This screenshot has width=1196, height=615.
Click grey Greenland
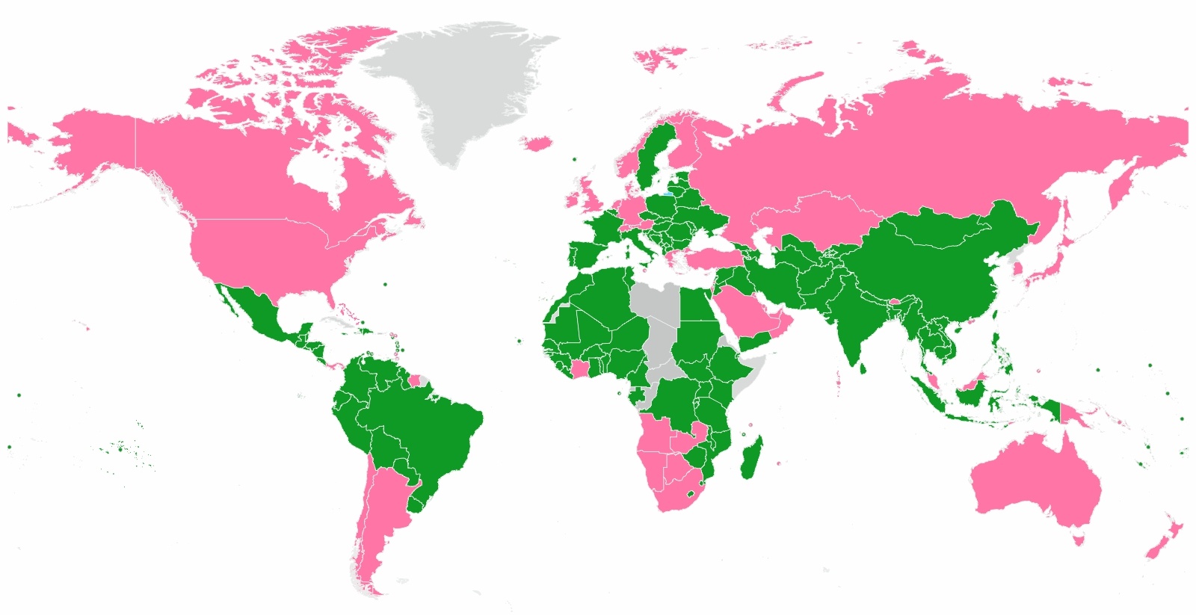coord(456,82)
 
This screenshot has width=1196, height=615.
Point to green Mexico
coord(258,314)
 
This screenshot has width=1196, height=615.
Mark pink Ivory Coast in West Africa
coord(579,368)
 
